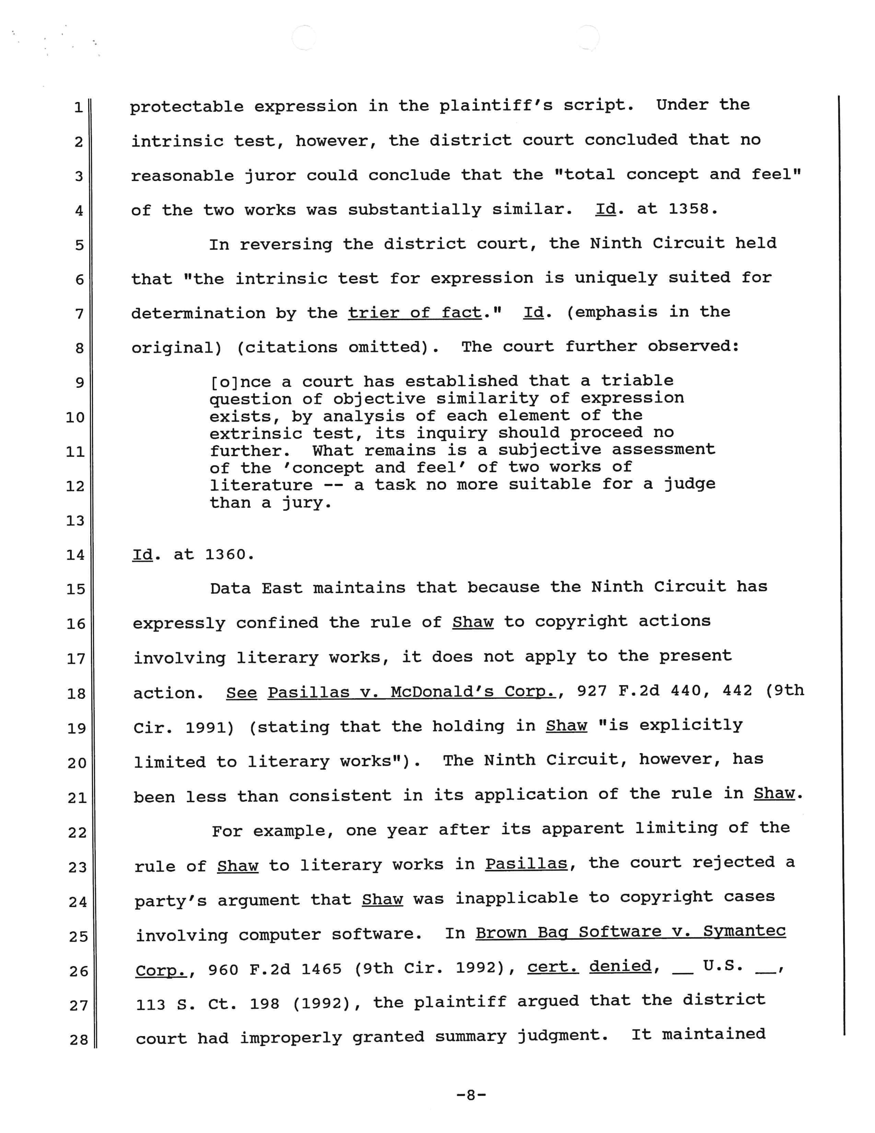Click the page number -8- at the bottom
(471, 1095)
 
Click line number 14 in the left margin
(75, 555)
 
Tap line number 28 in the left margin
(79, 1039)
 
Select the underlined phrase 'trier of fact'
(415, 313)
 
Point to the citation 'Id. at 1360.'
(193, 555)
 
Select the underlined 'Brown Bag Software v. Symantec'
(630, 932)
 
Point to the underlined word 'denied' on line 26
(620, 966)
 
